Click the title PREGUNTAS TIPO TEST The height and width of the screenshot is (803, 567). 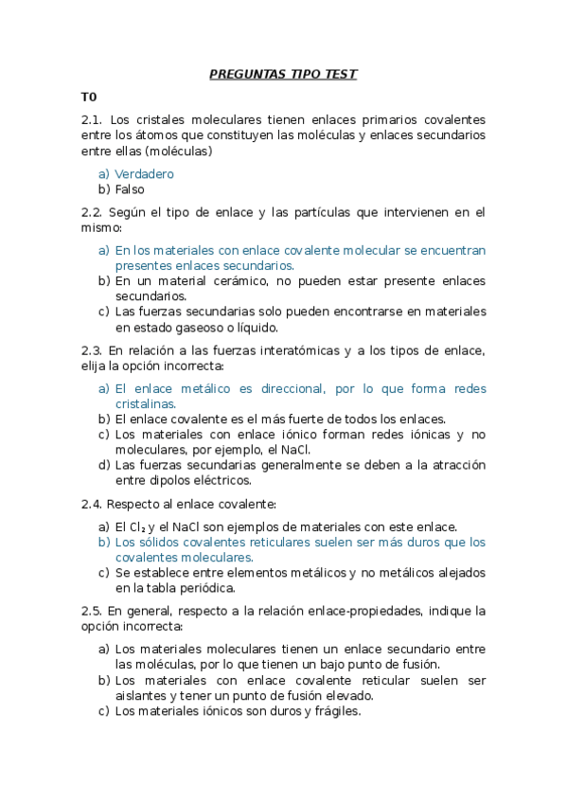pos(283,74)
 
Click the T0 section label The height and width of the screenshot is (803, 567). pos(89,97)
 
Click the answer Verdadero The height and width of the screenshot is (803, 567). pos(144,174)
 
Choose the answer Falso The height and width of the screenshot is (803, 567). pos(130,189)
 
